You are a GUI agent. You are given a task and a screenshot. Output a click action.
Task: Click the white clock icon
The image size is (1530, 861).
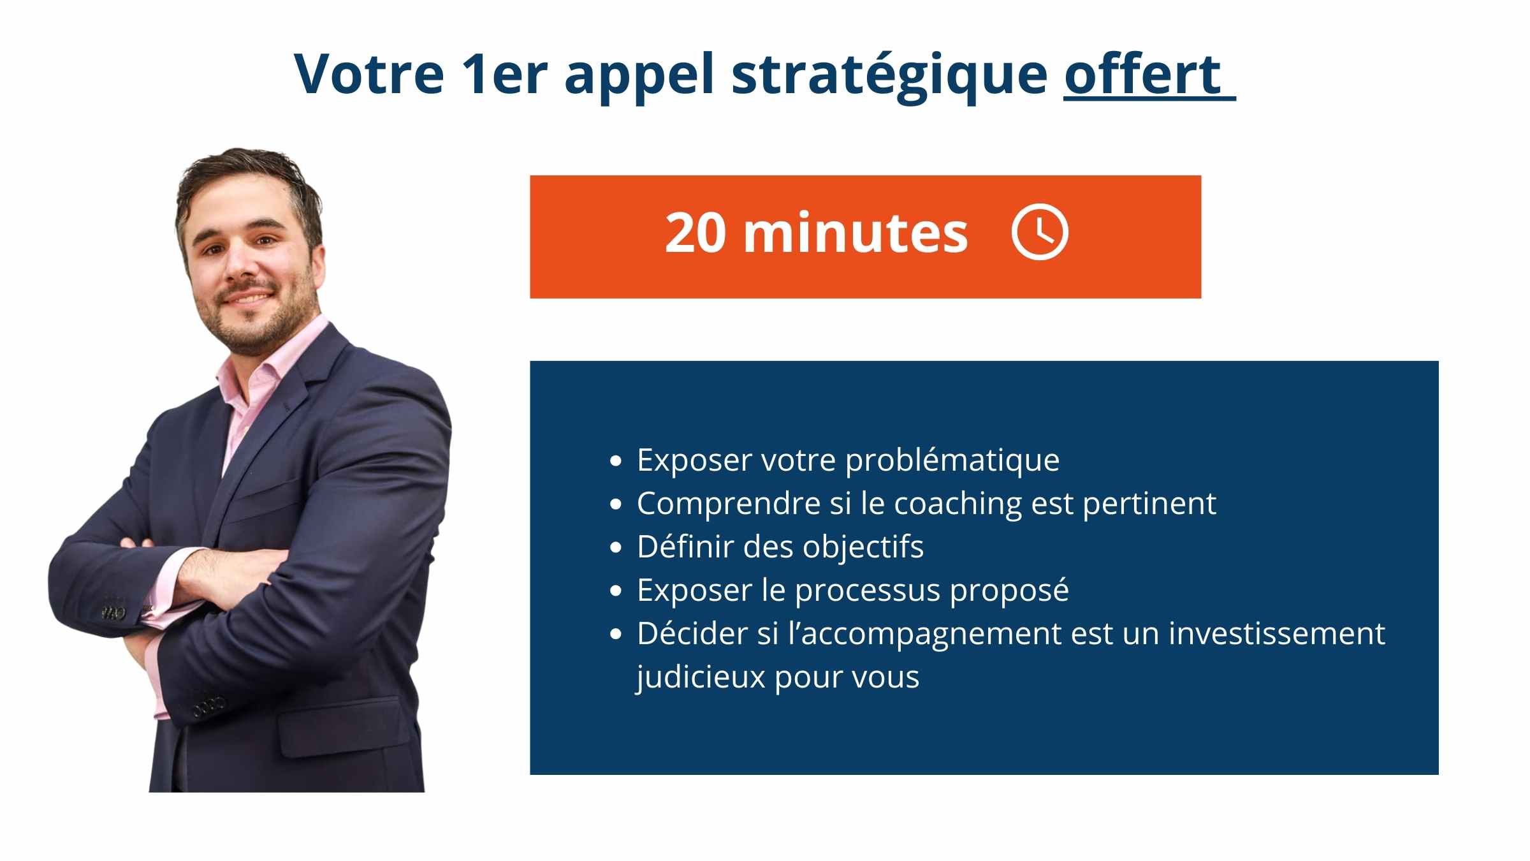[x=1040, y=232]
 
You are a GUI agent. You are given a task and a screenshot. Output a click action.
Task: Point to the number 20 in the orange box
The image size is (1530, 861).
[x=696, y=233]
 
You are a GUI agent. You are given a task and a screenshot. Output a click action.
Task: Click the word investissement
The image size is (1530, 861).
[x=1277, y=634]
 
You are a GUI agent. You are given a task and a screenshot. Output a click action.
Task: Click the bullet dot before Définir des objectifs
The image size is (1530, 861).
[x=615, y=547]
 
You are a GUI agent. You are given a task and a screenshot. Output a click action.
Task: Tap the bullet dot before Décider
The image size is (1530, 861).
[x=615, y=634]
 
